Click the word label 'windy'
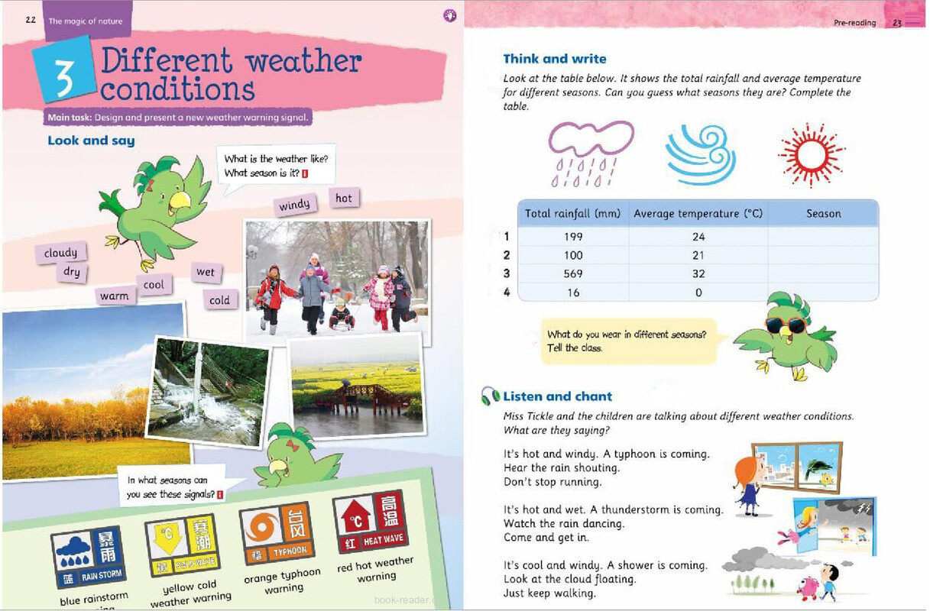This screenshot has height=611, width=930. (x=295, y=205)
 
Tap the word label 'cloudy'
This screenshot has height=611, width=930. (x=60, y=253)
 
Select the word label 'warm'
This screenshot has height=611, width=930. (x=115, y=296)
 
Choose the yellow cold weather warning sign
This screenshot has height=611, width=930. (x=181, y=545)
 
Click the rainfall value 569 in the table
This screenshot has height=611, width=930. (x=572, y=273)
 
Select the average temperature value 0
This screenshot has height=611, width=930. (x=698, y=293)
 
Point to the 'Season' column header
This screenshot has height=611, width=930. (x=823, y=214)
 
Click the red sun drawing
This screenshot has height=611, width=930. (x=811, y=151)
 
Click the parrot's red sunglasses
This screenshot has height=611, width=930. (x=786, y=325)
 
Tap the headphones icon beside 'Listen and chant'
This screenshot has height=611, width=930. (x=490, y=396)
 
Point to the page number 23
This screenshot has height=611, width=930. (x=897, y=23)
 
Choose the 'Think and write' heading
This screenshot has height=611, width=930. (x=554, y=59)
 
